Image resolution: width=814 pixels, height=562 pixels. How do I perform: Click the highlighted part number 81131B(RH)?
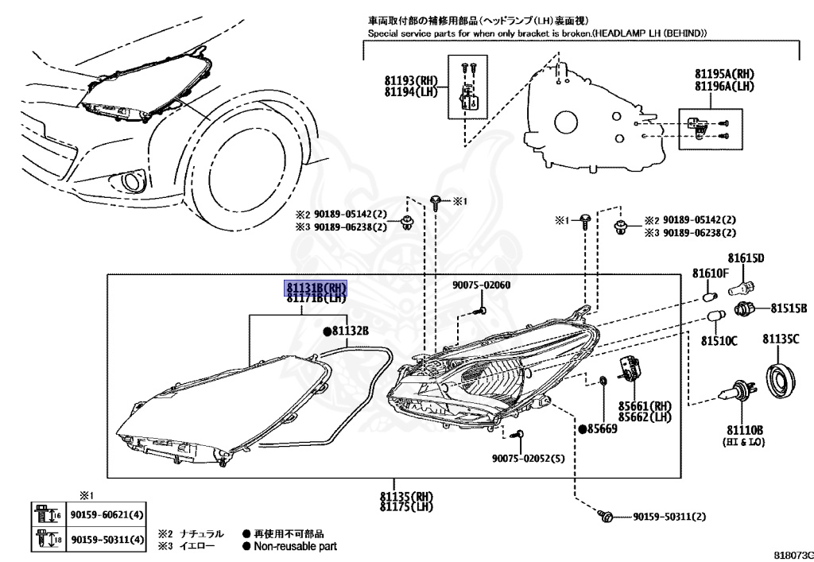[x=316, y=288]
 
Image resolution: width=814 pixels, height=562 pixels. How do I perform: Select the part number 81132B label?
[x=350, y=331]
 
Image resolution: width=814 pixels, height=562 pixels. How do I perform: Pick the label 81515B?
[x=788, y=308]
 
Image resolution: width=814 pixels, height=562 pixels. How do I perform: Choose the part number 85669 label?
[x=602, y=428]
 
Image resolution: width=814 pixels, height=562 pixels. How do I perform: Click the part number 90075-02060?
[x=482, y=285]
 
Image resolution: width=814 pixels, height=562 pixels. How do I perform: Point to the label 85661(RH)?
[x=649, y=405]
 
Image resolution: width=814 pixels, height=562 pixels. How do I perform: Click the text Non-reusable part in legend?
[x=295, y=546]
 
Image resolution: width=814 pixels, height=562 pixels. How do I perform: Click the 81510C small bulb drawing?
[x=715, y=317]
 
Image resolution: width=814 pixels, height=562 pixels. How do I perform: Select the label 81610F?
[x=710, y=273]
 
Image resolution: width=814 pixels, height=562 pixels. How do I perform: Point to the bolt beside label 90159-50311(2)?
[x=607, y=517]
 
